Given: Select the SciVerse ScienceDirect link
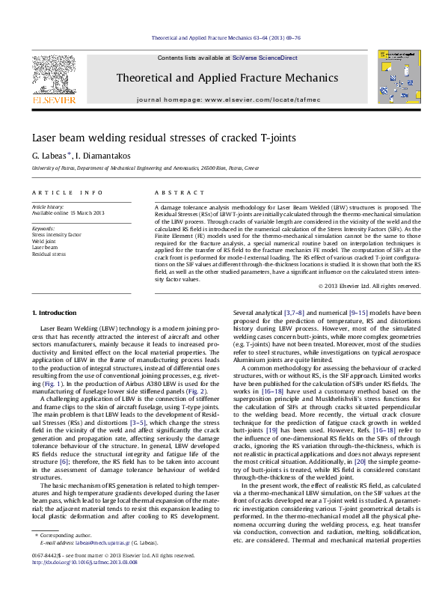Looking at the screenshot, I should pos(265,58).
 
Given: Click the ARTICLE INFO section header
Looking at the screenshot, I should pos(67,192).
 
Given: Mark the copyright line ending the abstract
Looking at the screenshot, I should pos(369,286).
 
